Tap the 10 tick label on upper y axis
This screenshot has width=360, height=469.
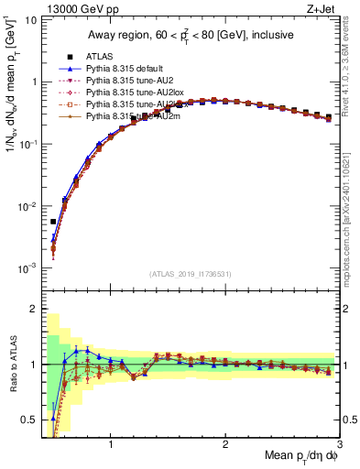(31, 19)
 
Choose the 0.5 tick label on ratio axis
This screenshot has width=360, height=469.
(29, 420)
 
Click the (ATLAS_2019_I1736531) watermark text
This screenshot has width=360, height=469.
(191, 274)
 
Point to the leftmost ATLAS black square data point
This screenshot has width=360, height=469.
(53, 222)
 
